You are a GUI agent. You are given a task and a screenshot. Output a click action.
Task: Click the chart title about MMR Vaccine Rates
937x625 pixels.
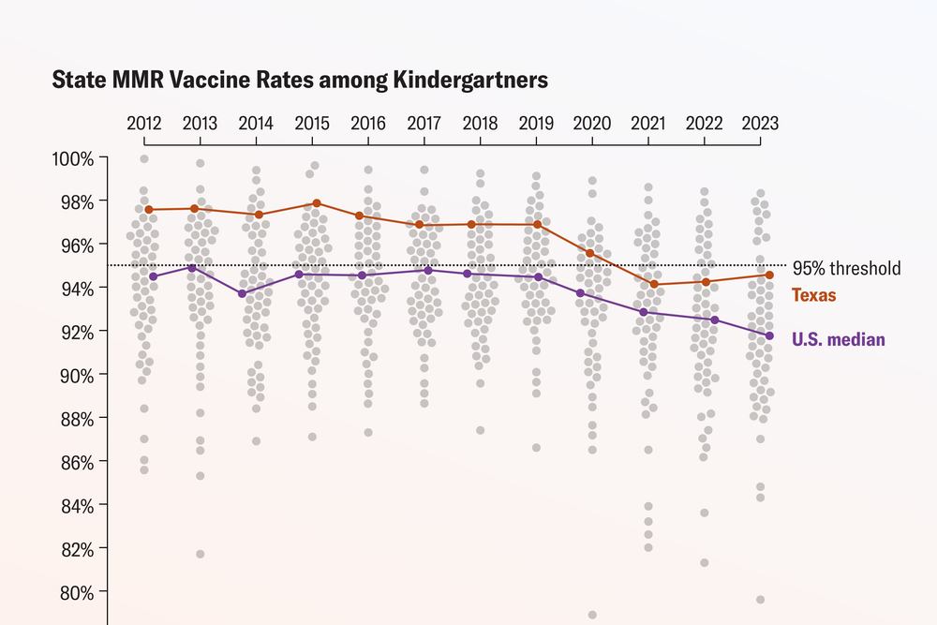tap(300, 81)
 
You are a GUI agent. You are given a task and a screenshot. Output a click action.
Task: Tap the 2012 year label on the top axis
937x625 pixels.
tap(144, 124)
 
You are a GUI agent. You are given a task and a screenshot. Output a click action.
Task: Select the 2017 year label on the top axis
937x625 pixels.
tap(424, 124)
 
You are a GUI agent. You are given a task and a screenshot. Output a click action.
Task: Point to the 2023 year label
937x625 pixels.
tap(759, 124)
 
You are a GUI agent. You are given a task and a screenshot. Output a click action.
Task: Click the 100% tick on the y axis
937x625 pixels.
tap(73, 158)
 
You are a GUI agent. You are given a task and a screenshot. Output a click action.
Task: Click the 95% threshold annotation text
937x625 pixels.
tap(846, 269)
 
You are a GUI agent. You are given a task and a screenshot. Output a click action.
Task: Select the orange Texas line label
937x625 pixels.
tap(814, 295)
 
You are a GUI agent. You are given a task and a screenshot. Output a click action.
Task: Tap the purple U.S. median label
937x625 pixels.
tap(839, 339)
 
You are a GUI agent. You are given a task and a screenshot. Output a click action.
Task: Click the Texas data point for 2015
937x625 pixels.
tap(317, 203)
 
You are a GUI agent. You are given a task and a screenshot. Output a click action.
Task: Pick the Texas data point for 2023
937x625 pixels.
tap(769, 275)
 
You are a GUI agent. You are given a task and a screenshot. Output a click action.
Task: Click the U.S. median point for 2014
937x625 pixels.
tap(242, 293)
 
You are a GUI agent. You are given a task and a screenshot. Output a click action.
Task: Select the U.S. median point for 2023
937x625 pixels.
tap(769, 335)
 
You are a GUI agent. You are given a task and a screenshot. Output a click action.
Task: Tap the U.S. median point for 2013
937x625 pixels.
tap(192, 268)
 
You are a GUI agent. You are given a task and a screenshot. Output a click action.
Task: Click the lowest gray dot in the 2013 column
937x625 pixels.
tap(200, 554)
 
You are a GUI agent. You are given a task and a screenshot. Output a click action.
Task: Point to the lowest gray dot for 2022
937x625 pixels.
tap(705, 562)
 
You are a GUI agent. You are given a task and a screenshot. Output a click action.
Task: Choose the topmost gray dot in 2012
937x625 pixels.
tap(144, 159)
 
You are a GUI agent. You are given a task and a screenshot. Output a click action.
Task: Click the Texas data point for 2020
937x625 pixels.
tap(589, 253)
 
